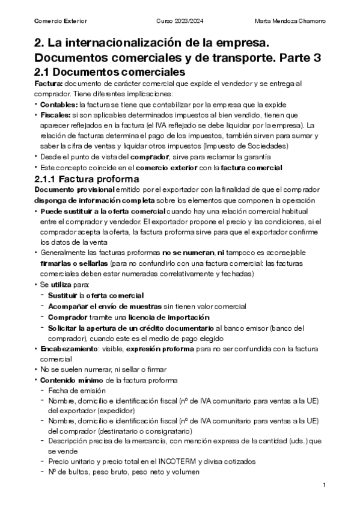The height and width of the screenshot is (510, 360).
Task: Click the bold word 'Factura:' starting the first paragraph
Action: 48,83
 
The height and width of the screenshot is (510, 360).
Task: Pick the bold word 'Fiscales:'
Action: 55,114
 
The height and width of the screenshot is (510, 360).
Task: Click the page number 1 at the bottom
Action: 324,485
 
